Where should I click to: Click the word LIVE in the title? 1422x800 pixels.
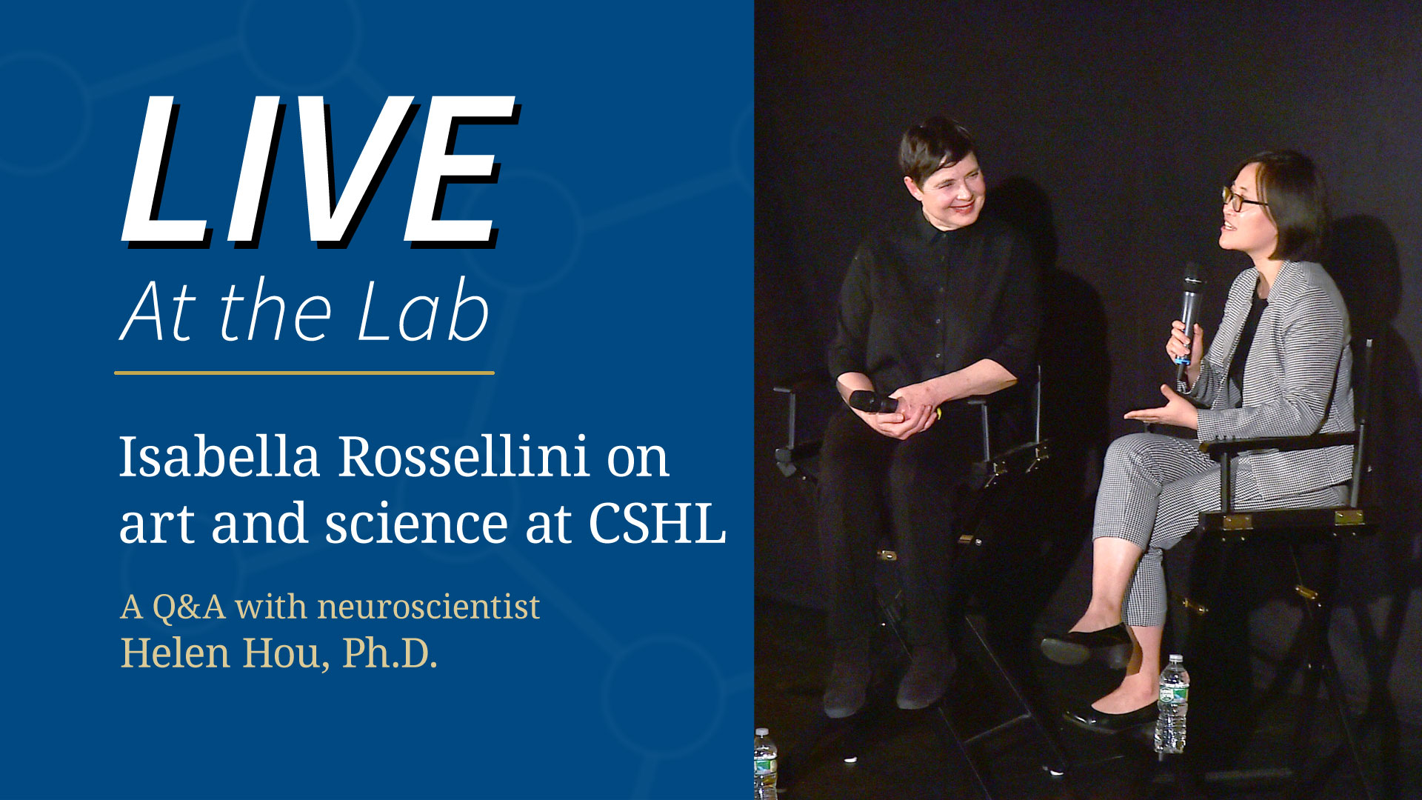tap(318, 172)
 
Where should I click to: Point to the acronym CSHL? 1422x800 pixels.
tap(657, 523)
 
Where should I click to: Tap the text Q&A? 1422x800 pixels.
tap(189, 607)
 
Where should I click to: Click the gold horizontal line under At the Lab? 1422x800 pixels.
tap(304, 373)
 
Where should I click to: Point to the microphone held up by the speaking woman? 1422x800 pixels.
tap(1189, 311)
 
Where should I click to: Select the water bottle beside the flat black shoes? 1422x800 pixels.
tap(1172, 704)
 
